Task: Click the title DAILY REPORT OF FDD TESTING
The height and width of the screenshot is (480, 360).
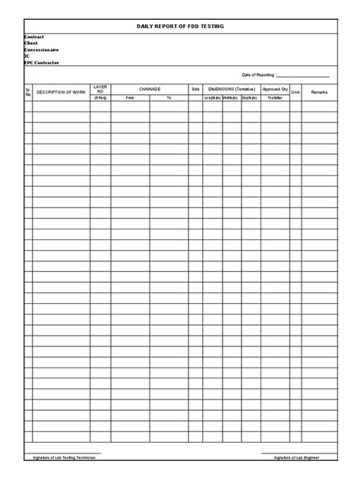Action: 180,26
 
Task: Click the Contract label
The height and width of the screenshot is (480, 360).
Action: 34,36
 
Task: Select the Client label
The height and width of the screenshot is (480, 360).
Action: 31,43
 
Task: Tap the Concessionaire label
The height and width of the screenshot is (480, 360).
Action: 42,49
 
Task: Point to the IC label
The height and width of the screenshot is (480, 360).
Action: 27,55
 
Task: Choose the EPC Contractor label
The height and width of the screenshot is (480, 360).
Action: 41,62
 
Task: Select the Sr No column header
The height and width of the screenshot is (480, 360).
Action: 28,92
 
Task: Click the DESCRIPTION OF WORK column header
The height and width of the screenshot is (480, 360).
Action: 62,92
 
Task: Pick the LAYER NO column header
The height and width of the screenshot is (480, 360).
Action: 101,89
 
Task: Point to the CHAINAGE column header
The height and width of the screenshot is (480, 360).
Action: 150,89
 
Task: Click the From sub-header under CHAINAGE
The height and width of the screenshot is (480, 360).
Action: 130,98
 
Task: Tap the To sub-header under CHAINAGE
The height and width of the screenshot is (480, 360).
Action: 169,98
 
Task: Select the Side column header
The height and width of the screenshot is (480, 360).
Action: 195,89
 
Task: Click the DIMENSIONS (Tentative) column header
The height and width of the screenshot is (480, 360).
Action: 231,89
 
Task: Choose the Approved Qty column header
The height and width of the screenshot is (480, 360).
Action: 274,89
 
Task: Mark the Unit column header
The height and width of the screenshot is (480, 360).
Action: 296,92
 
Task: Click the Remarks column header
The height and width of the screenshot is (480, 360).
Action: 319,92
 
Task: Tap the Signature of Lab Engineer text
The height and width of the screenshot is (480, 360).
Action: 296,457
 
